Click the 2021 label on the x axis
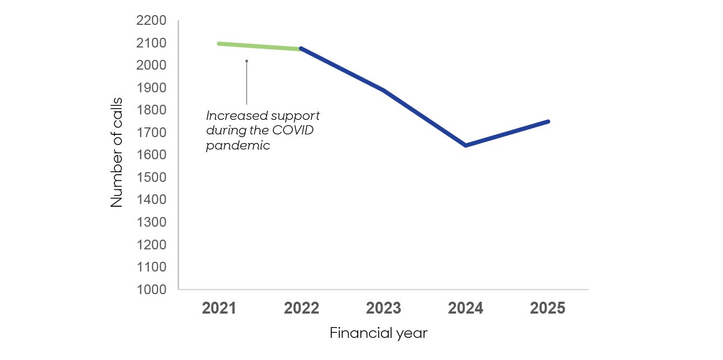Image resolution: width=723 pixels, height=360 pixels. (x=219, y=309)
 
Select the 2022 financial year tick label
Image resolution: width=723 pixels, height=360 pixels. (x=301, y=309)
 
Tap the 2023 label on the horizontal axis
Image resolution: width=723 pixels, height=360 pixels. (x=384, y=309)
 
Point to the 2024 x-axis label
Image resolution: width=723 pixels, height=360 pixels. (x=466, y=309)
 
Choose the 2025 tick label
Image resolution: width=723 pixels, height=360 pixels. (x=548, y=309)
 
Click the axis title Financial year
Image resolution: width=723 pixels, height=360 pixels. (x=378, y=333)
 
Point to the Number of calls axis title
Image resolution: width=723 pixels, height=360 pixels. (x=117, y=152)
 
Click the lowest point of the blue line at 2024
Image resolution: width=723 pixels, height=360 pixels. (x=466, y=145)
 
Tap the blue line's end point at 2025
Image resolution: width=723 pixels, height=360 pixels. (x=548, y=121)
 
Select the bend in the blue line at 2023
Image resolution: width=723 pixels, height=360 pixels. (x=383, y=90)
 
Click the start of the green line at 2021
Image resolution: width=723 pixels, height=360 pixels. (x=220, y=44)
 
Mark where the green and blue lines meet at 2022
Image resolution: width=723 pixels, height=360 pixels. (x=301, y=49)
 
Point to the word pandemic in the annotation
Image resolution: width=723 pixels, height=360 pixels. (x=238, y=146)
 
